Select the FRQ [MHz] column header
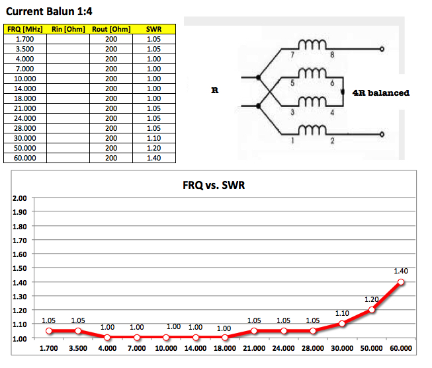[x=25, y=29]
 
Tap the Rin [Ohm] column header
[x=67, y=29]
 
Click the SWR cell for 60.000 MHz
[x=153, y=159]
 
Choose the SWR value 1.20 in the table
[x=153, y=149]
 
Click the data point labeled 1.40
[x=401, y=282]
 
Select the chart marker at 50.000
[x=372, y=310]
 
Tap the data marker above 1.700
[x=48, y=331]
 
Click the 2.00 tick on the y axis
[x=20, y=198]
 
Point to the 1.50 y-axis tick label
[x=20, y=268]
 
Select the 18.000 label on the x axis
[x=225, y=348]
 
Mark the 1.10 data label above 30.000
[x=342, y=313]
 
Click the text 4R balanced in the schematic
[x=380, y=92]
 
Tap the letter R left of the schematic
[x=214, y=91]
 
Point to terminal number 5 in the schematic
[x=292, y=83]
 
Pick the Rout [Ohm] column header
[x=110, y=29]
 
